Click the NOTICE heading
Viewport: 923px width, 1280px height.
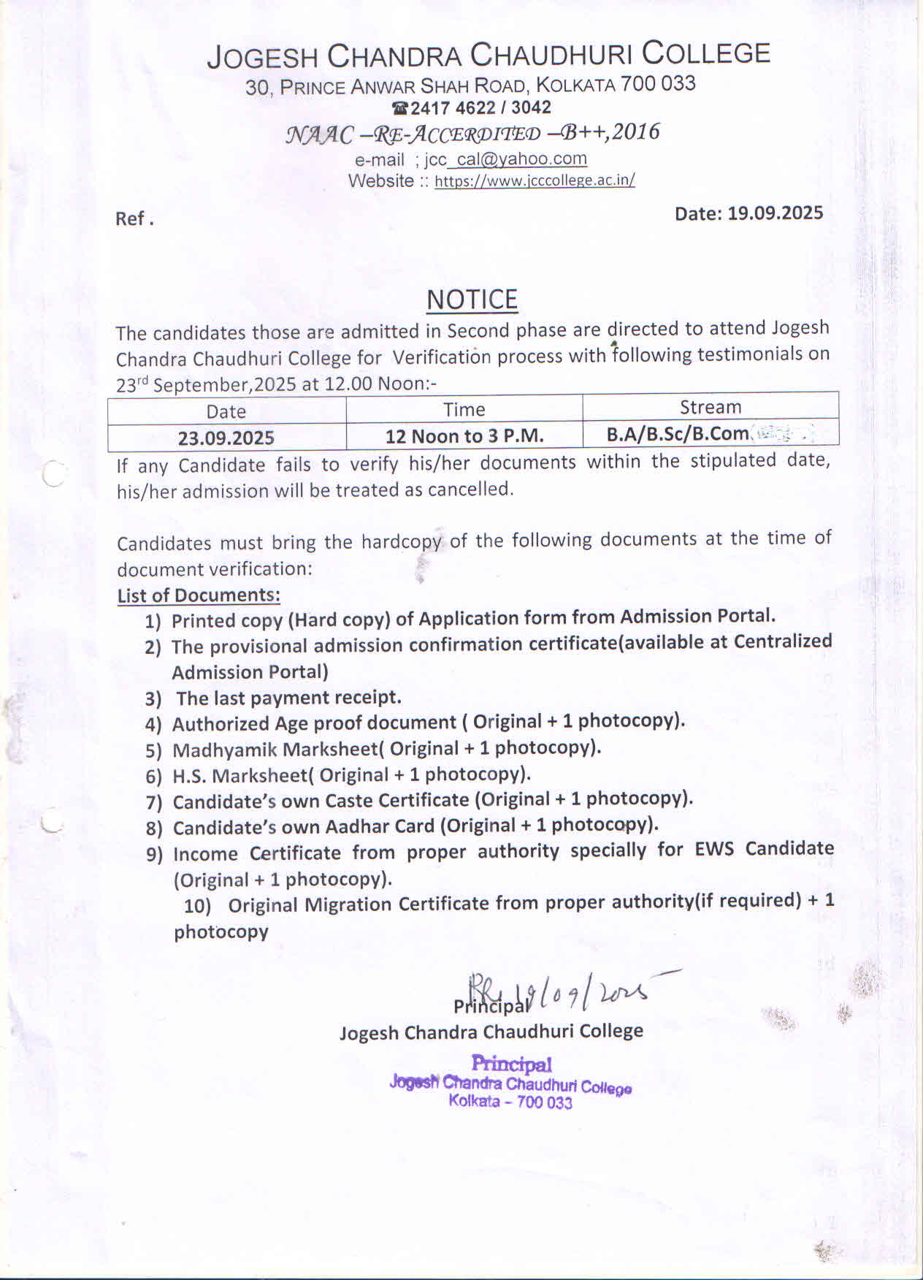pyautogui.click(x=472, y=300)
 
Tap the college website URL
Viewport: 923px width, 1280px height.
pyautogui.click(x=535, y=180)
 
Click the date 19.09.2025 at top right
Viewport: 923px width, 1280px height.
pyautogui.click(x=775, y=213)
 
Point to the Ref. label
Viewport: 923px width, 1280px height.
pyautogui.click(x=134, y=218)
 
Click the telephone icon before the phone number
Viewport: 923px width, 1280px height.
pyautogui.click(x=399, y=108)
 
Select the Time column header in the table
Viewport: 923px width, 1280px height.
pyautogui.click(x=464, y=409)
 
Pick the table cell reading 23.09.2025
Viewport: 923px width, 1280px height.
pyautogui.click(x=226, y=438)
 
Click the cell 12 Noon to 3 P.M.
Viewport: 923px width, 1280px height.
pyautogui.click(x=464, y=436)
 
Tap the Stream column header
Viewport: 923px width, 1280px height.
pyautogui.click(x=710, y=407)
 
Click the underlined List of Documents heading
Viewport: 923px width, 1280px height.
pyautogui.click(x=199, y=595)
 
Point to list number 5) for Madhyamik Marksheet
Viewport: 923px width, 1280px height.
pyautogui.click(x=153, y=750)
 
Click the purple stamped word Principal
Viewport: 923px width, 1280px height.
pyautogui.click(x=511, y=1064)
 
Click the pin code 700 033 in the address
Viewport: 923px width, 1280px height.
pyautogui.click(x=658, y=83)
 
